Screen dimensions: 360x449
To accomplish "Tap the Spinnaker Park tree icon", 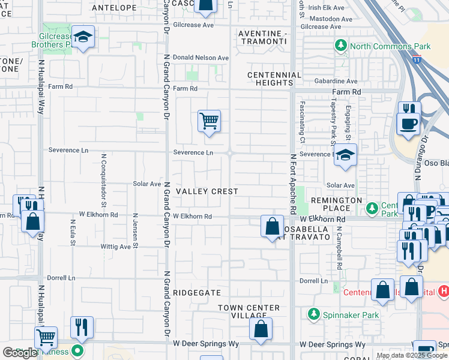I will click(x=313, y=314).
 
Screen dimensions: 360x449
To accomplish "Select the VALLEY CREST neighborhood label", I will click(x=207, y=191).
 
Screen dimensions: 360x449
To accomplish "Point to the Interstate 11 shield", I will click(x=417, y=59).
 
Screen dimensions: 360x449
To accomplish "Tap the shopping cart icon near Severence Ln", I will click(x=209, y=121).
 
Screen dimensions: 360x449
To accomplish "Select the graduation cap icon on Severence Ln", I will click(x=345, y=155).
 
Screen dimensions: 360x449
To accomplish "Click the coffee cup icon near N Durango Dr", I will click(x=409, y=124).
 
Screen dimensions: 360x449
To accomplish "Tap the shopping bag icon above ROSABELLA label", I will click(x=272, y=226).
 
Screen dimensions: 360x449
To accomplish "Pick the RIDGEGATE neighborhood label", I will click(x=197, y=292).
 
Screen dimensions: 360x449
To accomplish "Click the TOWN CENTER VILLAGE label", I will click(x=249, y=311).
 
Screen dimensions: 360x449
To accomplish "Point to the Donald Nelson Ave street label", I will click(x=200, y=58).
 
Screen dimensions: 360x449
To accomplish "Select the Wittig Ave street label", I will click(x=116, y=247).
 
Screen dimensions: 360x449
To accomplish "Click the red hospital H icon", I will click(x=444, y=291).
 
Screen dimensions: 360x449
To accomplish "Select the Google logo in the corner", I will click(x=20, y=353).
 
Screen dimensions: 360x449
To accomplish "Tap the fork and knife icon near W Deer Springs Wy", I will click(x=82, y=327).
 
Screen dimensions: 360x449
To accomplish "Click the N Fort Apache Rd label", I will click(x=294, y=184).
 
